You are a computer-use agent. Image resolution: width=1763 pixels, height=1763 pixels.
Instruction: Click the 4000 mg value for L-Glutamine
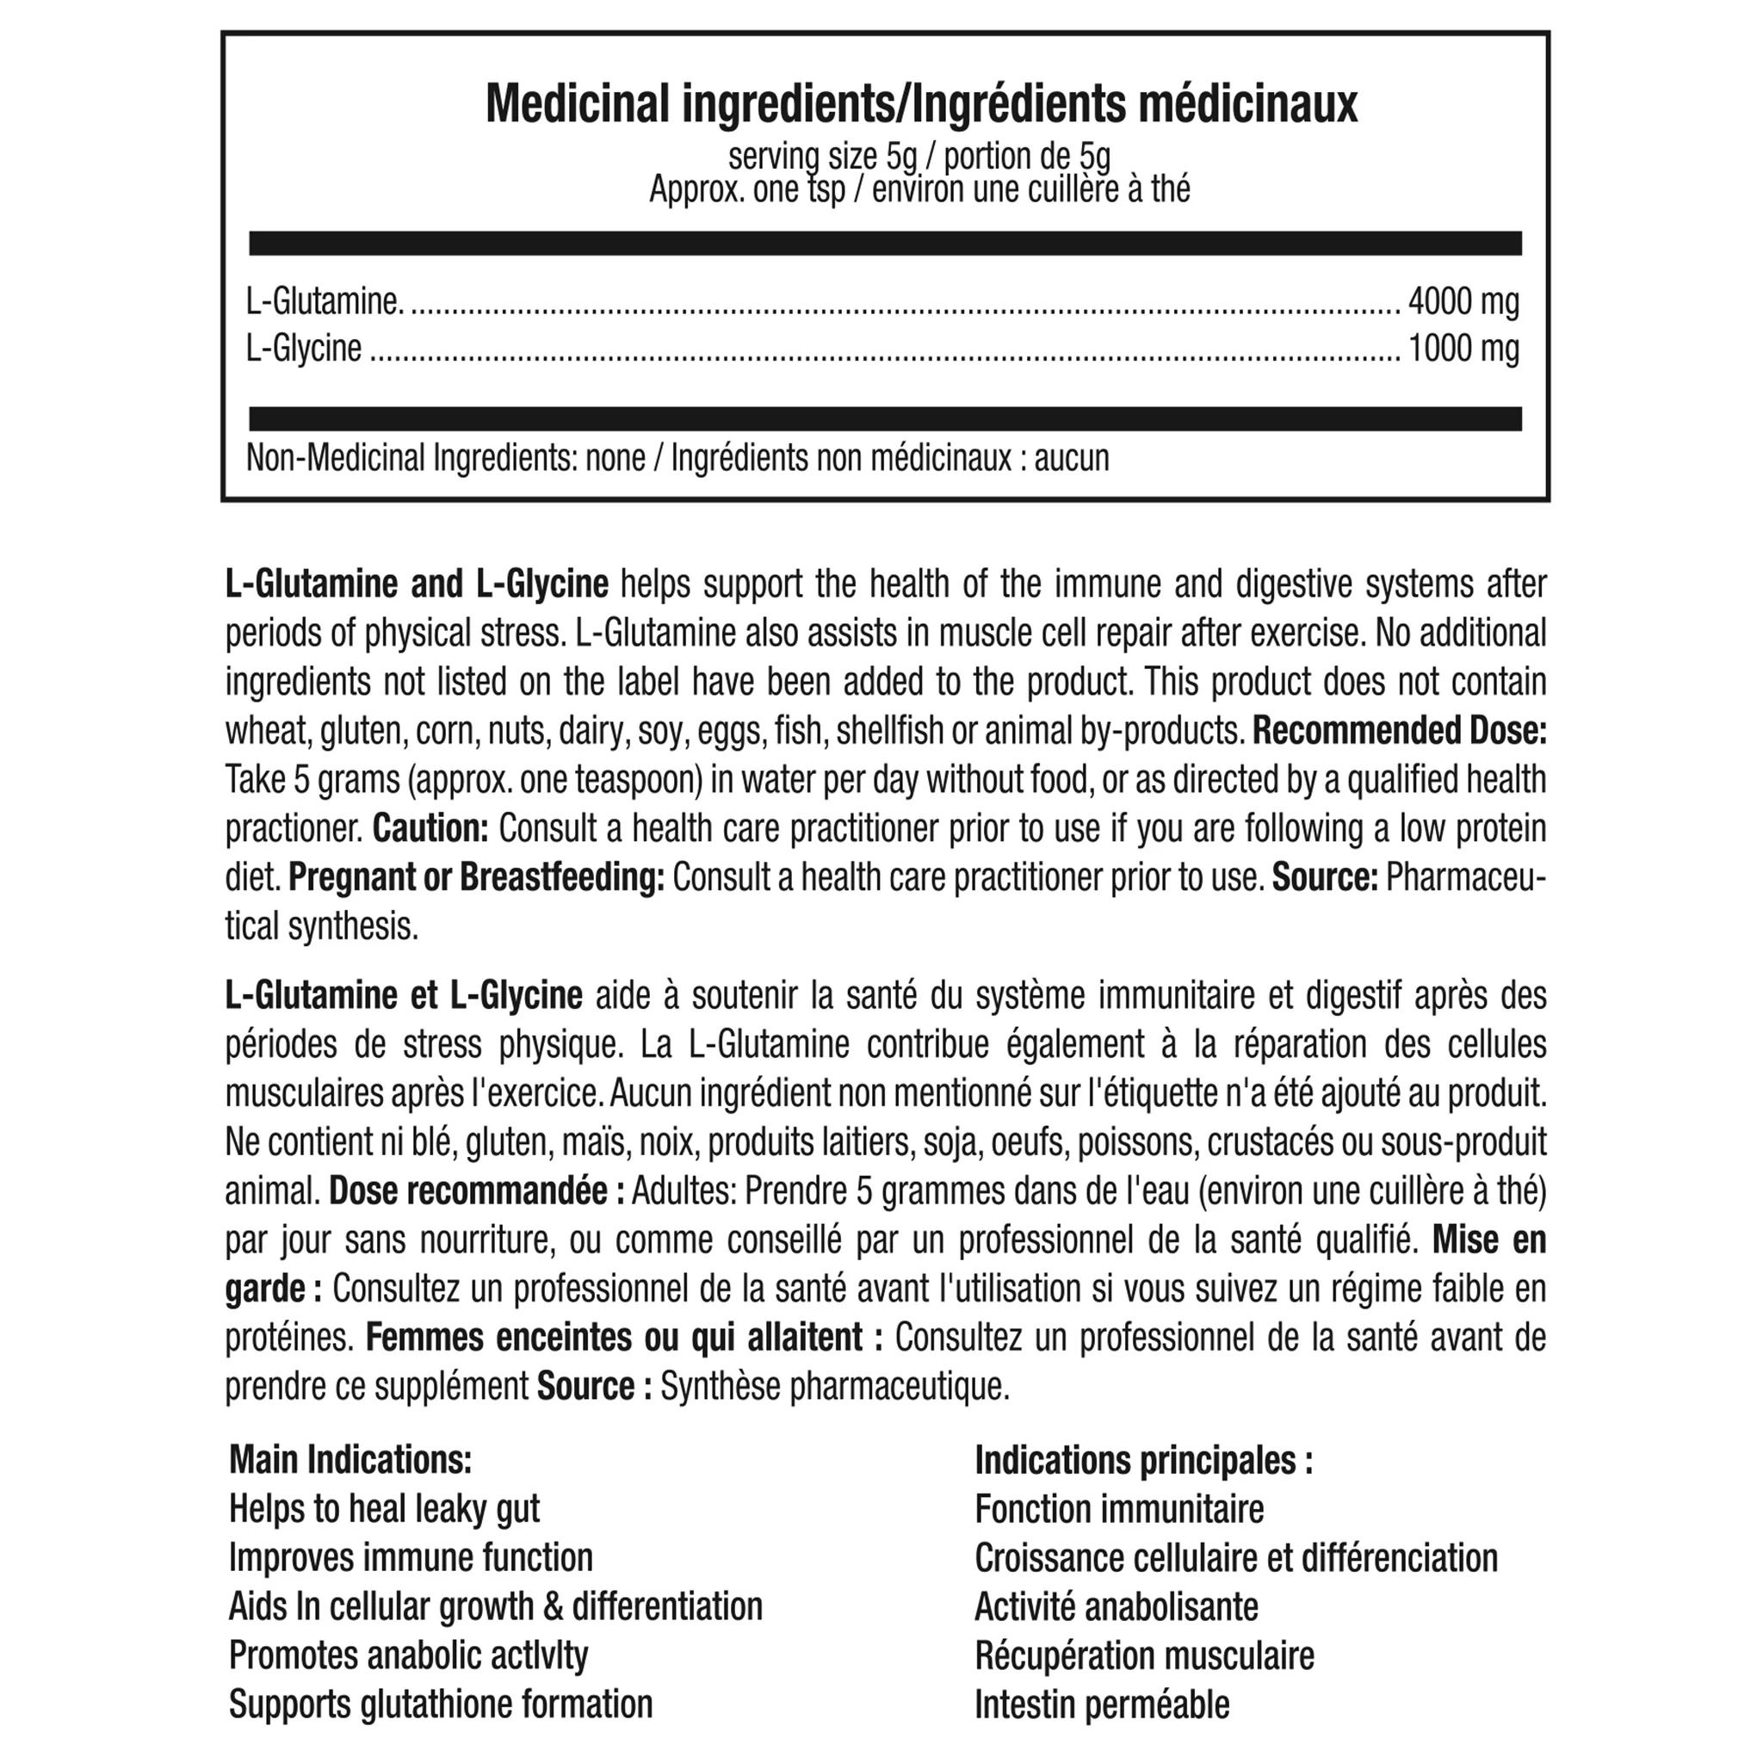(x=1463, y=301)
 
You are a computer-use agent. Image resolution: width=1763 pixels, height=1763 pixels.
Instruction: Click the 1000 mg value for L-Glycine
(x=1463, y=349)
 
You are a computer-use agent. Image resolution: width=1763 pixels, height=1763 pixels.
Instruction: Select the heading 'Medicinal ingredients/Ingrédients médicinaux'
(x=921, y=104)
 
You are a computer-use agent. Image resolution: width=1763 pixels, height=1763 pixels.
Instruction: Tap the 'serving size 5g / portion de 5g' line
(x=919, y=157)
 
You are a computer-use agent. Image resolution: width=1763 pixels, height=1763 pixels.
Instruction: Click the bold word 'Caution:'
(x=430, y=829)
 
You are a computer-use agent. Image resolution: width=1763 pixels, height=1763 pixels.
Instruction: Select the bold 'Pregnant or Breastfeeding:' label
(x=476, y=878)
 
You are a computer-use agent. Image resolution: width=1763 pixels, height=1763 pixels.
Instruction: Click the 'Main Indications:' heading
(x=350, y=1460)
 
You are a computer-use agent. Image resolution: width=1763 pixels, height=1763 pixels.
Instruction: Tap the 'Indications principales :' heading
(x=1143, y=1460)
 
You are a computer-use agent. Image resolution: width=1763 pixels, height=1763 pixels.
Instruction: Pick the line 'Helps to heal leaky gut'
(x=384, y=1509)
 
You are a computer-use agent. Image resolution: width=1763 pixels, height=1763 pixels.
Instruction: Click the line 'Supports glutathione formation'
(x=441, y=1704)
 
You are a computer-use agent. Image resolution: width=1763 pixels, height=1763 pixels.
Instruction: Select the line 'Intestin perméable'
(x=1101, y=1704)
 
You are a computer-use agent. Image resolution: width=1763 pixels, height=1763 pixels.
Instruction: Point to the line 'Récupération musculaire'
(x=1144, y=1655)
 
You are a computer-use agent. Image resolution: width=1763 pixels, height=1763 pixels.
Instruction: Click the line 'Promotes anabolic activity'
(x=408, y=1655)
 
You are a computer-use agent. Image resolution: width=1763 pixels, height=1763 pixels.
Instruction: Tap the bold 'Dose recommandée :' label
(x=476, y=1191)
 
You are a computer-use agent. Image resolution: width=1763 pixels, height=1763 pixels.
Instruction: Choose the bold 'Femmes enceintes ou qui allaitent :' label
(x=623, y=1338)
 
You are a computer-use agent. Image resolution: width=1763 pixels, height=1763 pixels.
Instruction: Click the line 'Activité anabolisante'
(x=1116, y=1607)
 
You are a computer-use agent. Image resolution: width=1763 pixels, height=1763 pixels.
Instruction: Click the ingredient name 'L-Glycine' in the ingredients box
(x=304, y=349)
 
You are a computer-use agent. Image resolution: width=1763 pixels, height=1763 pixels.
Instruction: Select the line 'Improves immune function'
(x=411, y=1557)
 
